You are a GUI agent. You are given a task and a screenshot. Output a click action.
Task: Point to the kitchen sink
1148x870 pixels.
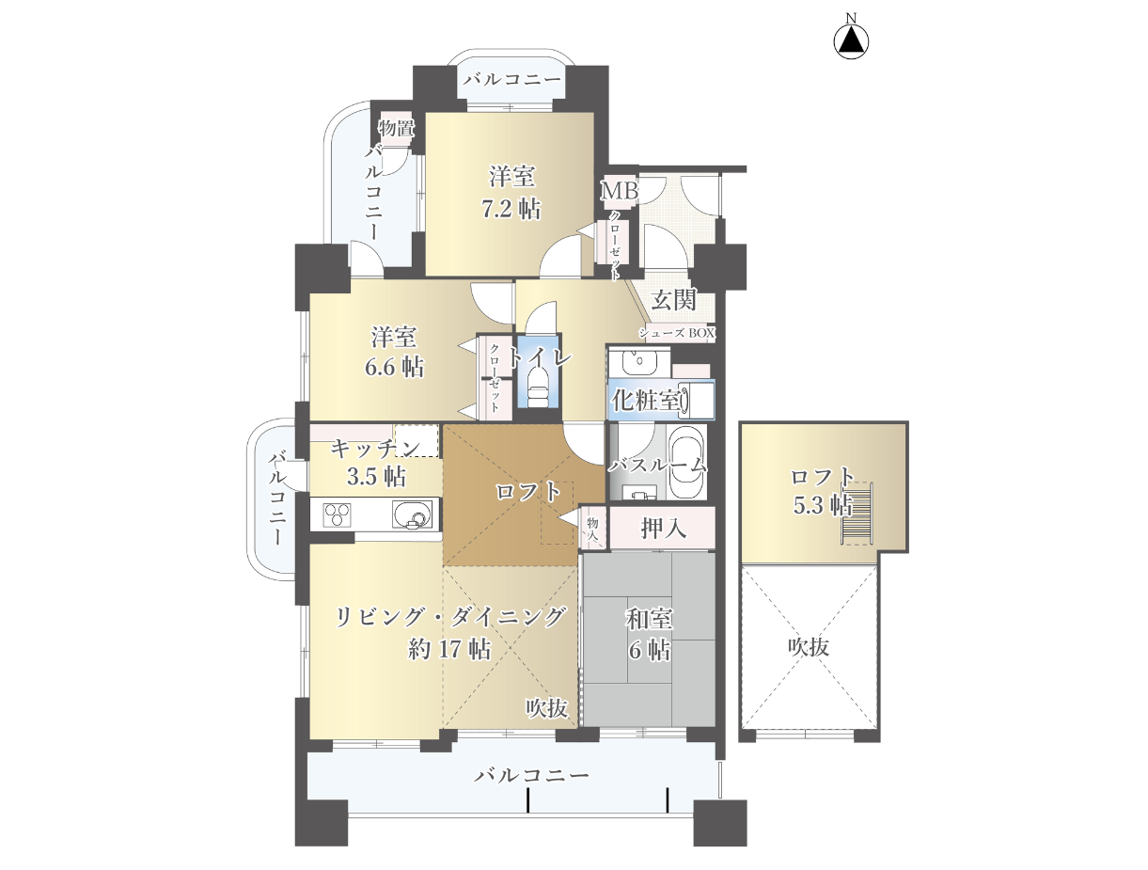(x=412, y=514)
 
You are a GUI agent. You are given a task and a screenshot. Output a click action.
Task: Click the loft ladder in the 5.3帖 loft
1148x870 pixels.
(x=857, y=514)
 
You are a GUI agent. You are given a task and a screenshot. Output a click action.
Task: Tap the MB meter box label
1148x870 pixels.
(x=620, y=190)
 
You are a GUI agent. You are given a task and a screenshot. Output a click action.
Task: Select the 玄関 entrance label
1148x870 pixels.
(x=673, y=300)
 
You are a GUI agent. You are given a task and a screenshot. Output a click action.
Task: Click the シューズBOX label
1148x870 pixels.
(x=676, y=332)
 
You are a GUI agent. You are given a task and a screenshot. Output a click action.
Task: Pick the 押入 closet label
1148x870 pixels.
(x=663, y=529)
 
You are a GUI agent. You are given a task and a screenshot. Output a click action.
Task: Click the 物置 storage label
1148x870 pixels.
(x=397, y=127)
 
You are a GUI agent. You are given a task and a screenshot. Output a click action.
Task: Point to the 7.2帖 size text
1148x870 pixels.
(x=511, y=209)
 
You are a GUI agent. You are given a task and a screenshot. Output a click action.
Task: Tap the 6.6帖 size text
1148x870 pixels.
(x=394, y=367)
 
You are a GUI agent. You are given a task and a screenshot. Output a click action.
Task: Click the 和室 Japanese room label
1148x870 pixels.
(x=649, y=619)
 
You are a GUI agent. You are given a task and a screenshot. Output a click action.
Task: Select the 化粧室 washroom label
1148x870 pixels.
(x=646, y=401)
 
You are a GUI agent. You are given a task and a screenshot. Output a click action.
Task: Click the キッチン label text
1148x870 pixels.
(x=375, y=448)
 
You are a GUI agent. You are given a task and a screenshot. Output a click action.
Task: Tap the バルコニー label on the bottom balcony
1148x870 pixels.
(x=531, y=775)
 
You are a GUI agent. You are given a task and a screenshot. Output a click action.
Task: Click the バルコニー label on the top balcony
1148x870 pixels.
(x=511, y=80)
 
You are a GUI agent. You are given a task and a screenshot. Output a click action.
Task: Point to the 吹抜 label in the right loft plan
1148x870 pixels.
(x=809, y=647)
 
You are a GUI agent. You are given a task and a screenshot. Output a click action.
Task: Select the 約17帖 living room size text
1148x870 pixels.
(x=449, y=649)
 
